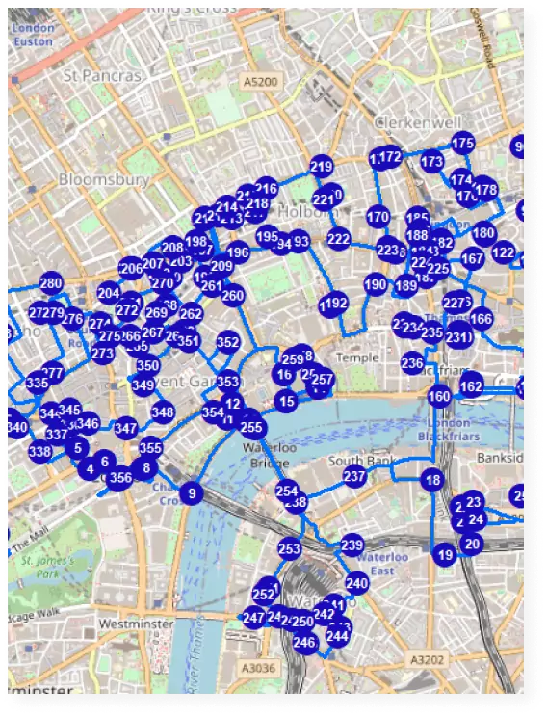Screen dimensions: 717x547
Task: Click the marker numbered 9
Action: coord(192,494)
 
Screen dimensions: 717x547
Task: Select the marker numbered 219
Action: coord(322,166)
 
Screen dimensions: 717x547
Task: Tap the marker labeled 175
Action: coord(463,144)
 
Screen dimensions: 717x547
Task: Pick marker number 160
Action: coord(439,396)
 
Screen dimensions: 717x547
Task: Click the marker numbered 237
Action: coord(354,477)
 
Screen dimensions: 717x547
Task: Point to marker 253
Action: coord(290,549)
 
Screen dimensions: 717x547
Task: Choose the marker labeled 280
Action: coord(51,284)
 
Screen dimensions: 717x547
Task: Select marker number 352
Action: coord(228,342)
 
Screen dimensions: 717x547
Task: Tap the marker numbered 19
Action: coord(444,555)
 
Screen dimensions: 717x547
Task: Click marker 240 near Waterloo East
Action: coord(357,583)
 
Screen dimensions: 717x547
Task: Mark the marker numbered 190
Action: coord(376,285)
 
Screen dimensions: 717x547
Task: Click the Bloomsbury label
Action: coord(104,179)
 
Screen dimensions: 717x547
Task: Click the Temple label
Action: coord(357,358)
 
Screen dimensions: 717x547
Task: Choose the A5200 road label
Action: coord(260,82)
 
